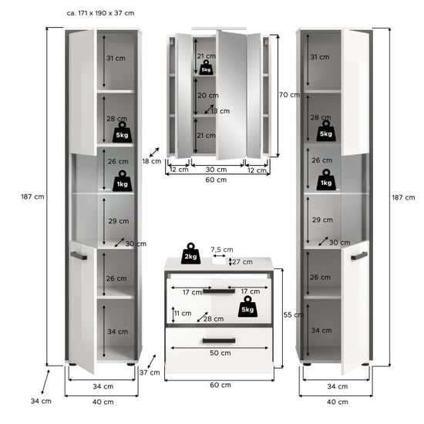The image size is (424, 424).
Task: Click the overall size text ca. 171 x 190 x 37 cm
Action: point(100,13)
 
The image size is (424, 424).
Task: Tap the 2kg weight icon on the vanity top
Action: point(190,254)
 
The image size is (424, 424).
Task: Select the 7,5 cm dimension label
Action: point(222,250)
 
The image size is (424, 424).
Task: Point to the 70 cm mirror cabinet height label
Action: point(289,95)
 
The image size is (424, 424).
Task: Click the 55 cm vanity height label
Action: point(294,315)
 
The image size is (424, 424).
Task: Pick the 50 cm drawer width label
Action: point(220,353)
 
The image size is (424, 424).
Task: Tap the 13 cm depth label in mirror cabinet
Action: point(220,111)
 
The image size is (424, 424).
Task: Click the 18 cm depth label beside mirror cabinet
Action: point(152,161)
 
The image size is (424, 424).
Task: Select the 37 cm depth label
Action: point(150,372)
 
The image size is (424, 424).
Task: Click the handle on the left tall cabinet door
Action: point(79,255)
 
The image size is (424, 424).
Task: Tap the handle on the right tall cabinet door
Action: point(359,255)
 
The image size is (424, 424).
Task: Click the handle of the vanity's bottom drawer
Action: point(219,341)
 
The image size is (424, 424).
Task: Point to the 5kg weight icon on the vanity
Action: point(247,306)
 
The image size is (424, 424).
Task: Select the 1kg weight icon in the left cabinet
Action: point(123,180)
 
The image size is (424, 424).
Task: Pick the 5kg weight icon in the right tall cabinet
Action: point(326,130)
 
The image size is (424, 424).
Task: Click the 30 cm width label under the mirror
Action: point(216,170)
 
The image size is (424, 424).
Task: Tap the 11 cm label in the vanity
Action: point(183,313)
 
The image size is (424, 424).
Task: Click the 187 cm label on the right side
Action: point(403,197)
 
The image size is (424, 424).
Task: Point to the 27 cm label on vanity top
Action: point(243,262)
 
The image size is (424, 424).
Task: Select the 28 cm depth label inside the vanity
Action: point(214,319)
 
